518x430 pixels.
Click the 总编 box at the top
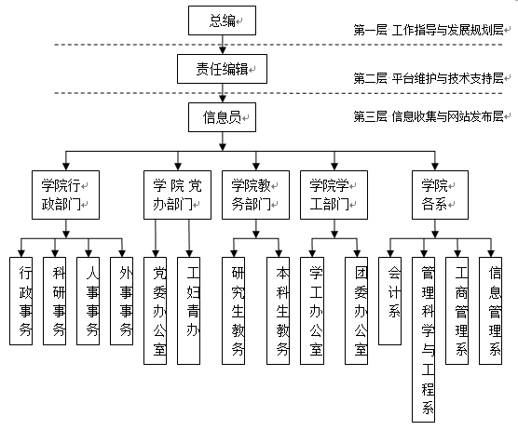tap(222, 20)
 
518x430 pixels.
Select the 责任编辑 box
tap(222, 69)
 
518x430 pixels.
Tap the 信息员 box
tap(222, 117)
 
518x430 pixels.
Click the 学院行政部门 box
tap(66, 195)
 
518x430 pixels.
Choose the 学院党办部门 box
tap(177, 195)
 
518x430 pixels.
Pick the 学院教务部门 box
tap(255, 195)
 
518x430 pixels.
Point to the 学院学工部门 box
tap(334, 195)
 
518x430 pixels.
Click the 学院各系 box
tap(440, 195)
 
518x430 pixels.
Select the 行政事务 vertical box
tap(21, 301)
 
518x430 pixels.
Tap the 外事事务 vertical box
tap(121, 301)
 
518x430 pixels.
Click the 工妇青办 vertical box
tap(188, 311)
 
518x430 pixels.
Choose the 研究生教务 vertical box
tap(234, 311)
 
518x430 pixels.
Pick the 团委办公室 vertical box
tap(357, 311)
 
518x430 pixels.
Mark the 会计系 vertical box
tap(389, 301)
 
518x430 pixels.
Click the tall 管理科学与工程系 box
tap(424, 340)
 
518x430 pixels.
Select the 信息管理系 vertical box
tap(491, 311)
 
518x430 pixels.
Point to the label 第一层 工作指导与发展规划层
tap(429, 30)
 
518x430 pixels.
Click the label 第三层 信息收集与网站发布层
tap(429, 116)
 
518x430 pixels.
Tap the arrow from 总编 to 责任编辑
tap(223, 45)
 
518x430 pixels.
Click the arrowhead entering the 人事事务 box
tap(89, 253)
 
